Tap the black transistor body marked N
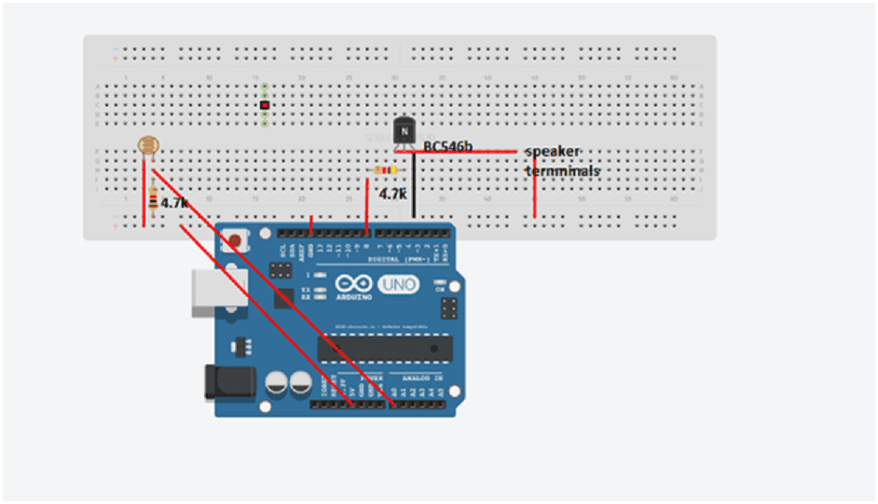(405, 130)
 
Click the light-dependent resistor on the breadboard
(146, 145)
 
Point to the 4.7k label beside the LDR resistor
(174, 202)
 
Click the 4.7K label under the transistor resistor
(392, 194)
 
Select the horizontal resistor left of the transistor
(383, 170)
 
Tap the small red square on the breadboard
(265, 105)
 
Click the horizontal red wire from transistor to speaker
(466, 152)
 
